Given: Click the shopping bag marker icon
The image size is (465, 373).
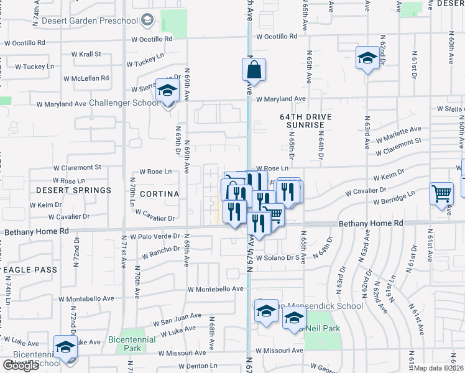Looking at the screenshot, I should (x=254, y=70).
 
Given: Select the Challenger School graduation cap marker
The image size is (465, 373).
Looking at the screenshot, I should (x=167, y=92).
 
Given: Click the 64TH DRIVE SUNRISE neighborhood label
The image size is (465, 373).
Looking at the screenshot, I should (x=305, y=121).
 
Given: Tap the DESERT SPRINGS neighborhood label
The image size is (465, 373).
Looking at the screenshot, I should (x=73, y=190).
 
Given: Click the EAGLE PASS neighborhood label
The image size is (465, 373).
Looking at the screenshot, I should (x=29, y=270).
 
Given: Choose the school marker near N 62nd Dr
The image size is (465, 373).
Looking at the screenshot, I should (x=367, y=58).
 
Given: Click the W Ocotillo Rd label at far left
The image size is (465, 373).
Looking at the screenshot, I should (x=25, y=44).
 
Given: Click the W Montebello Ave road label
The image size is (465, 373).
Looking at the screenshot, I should (x=216, y=289).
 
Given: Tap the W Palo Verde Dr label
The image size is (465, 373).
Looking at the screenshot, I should (x=154, y=237).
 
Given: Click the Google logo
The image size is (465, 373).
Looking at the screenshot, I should (x=21, y=366).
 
